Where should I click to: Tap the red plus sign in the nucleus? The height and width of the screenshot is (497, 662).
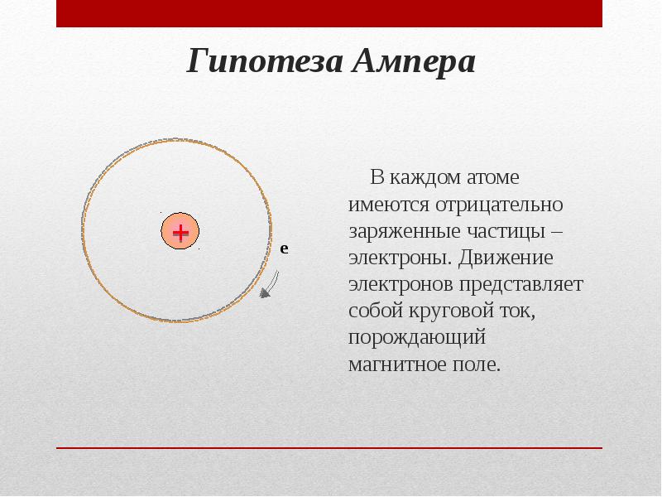point(180,231)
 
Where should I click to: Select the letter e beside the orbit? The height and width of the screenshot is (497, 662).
point(284,248)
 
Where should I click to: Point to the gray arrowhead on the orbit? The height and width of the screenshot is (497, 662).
point(265,291)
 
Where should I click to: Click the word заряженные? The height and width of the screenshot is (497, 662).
point(396,229)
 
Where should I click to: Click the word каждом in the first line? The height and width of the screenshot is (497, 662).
point(420,176)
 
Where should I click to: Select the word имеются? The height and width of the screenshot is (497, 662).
point(382,203)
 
